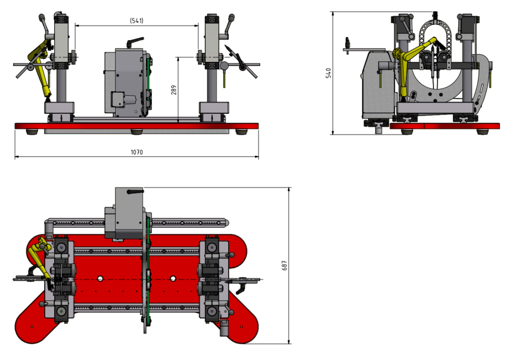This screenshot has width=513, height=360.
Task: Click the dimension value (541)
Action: pyautogui.click(x=137, y=21)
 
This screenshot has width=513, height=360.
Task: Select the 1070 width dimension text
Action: pyautogui.click(x=137, y=152)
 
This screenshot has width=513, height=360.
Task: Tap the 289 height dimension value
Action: pyautogui.click(x=173, y=90)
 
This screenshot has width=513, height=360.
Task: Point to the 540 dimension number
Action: pyautogui.click(x=328, y=73)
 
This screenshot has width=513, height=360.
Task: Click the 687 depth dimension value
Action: pyautogui.click(x=284, y=266)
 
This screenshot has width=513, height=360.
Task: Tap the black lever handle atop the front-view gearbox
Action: pyautogui.click(x=135, y=42)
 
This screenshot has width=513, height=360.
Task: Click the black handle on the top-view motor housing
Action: pyautogui.click(x=135, y=191)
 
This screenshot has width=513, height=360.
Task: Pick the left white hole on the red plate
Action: pyautogui.click(x=100, y=278)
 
